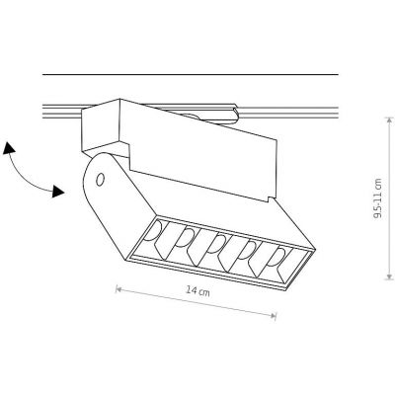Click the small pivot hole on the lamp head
click(101, 179)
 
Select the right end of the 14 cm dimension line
click(276, 314)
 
